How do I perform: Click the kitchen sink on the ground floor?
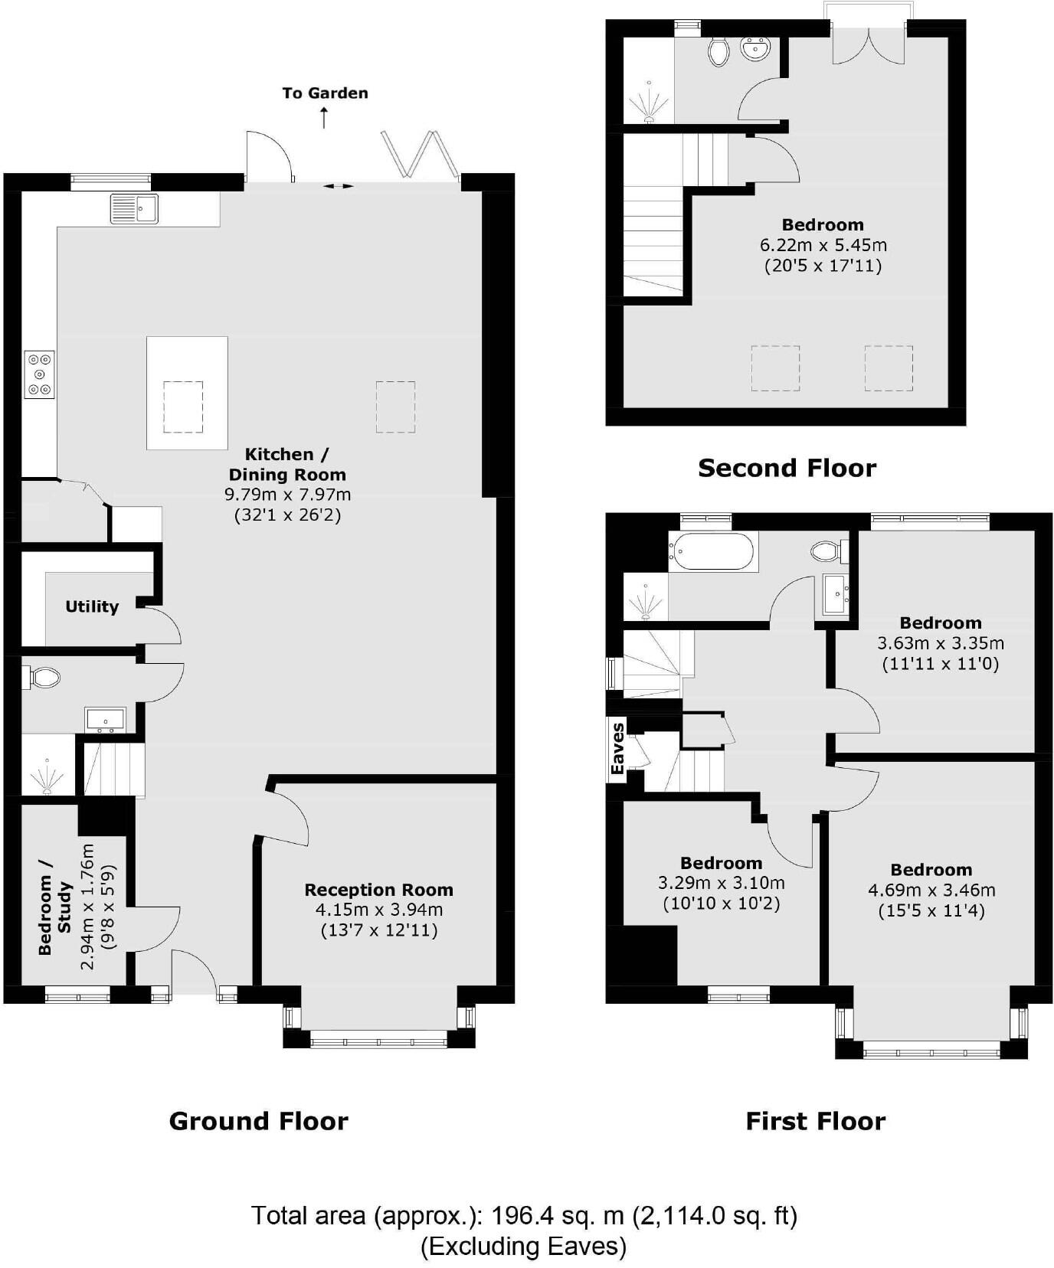point(134,208)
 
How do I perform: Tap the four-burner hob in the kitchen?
point(39,374)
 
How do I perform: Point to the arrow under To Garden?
point(324,118)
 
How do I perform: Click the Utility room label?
point(92,606)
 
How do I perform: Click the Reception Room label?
point(378,890)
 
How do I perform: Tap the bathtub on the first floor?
point(712,551)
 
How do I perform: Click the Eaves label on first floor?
point(617,748)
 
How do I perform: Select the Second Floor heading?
point(787,468)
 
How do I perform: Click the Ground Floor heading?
point(258,1121)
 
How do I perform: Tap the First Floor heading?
point(815,1121)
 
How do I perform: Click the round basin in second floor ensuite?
point(756,51)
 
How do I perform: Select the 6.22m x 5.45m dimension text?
point(823,245)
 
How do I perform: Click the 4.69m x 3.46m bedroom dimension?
point(931,890)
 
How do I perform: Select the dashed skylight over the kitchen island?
point(184,406)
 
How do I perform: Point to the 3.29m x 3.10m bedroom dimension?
point(721,883)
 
